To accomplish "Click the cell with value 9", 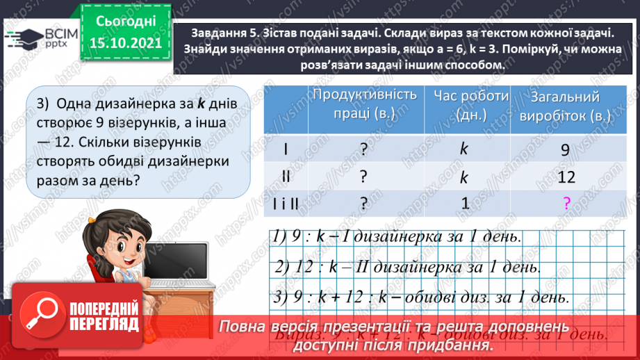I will click(564, 149).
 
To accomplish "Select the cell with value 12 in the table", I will click(566, 177).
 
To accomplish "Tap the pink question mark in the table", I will click(566, 203).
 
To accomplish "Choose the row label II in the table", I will click(286, 177).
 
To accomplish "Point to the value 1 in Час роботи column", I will click(465, 203).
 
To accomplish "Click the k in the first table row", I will click(465, 149).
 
